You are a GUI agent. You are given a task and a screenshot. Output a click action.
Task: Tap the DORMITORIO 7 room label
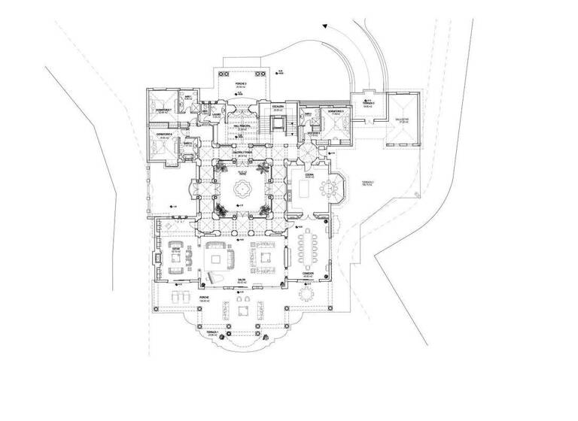(164, 110)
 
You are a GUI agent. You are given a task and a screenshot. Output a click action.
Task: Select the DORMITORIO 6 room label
(165, 135)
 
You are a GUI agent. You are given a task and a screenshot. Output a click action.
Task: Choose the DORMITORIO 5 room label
(336, 111)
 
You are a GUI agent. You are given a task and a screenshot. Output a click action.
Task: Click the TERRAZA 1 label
(211, 331)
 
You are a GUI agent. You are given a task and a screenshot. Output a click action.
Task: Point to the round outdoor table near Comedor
(307, 295)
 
